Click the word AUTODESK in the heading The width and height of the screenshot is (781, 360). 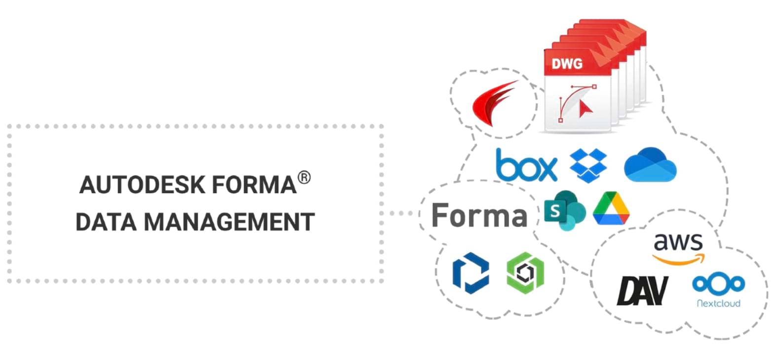[x=142, y=185]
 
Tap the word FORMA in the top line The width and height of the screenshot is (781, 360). [x=254, y=185]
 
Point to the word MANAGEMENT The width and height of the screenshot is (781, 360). [x=229, y=222]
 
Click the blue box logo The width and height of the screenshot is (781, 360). [x=526, y=165]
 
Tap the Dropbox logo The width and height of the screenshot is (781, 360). [x=588, y=165]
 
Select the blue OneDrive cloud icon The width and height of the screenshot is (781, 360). [x=650, y=165]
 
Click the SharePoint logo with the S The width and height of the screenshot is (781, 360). [x=564, y=211]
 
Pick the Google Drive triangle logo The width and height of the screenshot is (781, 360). [x=611, y=209]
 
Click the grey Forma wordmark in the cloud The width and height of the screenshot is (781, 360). [x=479, y=215]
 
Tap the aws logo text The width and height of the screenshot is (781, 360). [x=678, y=241]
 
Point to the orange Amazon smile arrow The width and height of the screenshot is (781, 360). [x=678, y=259]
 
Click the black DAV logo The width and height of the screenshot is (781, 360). [x=642, y=291]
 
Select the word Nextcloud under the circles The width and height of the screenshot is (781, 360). [x=718, y=303]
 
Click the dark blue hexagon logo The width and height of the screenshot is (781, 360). [x=470, y=273]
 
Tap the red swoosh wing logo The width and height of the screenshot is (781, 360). [x=494, y=104]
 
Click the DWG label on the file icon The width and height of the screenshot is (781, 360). [x=567, y=63]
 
